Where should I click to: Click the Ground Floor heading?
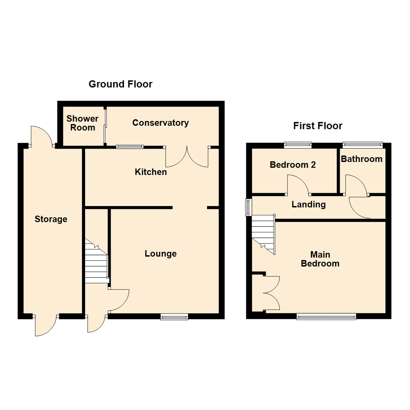pyautogui.click(x=120, y=84)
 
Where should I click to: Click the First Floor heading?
pyautogui.click(x=318, y=126)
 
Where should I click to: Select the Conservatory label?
pyautogui.click(x=160, y=123)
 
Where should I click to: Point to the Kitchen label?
pyautogui.click(x=151, y=172)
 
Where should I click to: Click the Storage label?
pyautogui.click(x=51, y=219)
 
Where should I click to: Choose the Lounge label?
pyautogui.click(x=161, y=254)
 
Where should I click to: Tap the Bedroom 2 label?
pyautogui.click(x=293, y=165)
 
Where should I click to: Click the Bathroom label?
pyautogui.click(x=361, y=159)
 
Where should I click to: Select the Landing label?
pyautogui.click(x=308, y=205)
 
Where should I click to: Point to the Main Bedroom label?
pyautogui.click(x=320, y=259)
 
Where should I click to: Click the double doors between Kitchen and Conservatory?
pyautogui.click(x=187, y=156)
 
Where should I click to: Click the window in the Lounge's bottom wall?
pyautogui.click(x=174, y=317)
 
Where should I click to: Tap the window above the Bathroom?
pyautogui.click(x=363, y=144)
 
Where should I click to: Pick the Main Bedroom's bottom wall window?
pyautogui.click(x=326, y=316)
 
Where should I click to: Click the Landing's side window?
pyautogui.click(x=248, y=207)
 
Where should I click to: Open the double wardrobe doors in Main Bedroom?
pyautogui.click(x=271, y=293)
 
